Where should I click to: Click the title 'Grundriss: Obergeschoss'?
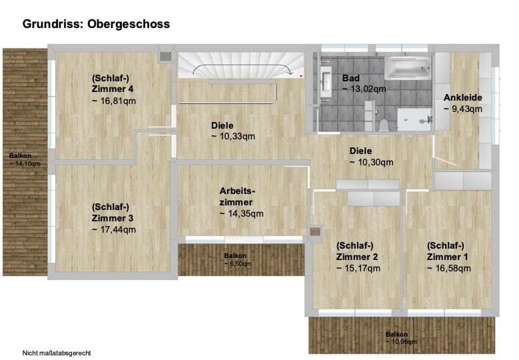click(x=96, y=24)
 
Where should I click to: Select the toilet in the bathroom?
click(x=384, y=123)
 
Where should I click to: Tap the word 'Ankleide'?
click(x=462, y=98)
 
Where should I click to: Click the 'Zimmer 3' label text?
click(x=113, y=218)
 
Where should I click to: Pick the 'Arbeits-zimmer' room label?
click(x=237, y=196)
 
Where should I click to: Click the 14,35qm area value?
click(x=242, y=213)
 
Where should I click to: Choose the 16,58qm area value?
click(x=448, y=268)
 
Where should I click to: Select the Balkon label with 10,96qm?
click(x=400, y=337)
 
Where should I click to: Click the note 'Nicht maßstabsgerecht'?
click(x=56, y=352)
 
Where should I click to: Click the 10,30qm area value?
click(x=371, y=162)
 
